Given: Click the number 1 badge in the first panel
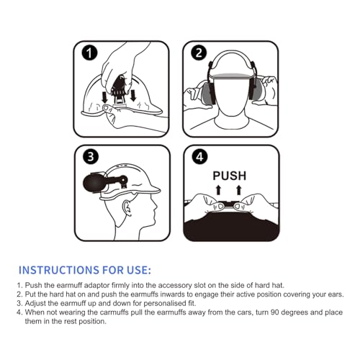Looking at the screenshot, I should (89, 53).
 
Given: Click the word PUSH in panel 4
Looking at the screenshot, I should (229, 175).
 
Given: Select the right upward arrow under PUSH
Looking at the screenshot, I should (238, 190).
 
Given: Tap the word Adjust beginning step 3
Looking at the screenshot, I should (38, 304).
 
